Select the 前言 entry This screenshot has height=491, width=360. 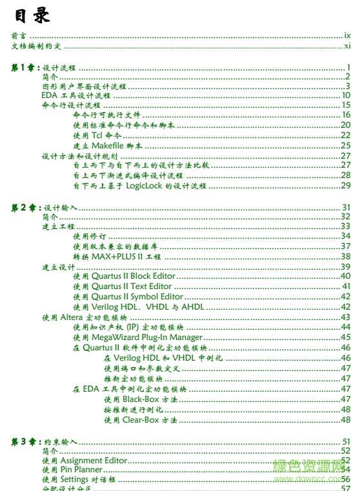19,37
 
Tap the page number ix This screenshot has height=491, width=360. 347,37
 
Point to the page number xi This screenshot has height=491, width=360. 347,46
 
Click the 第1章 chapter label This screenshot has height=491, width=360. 26,67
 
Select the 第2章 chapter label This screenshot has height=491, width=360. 26,207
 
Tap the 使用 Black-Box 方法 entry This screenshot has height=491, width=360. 139,399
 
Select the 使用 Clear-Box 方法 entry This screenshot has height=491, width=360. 139,420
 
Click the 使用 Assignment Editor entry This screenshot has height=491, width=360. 84,461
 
